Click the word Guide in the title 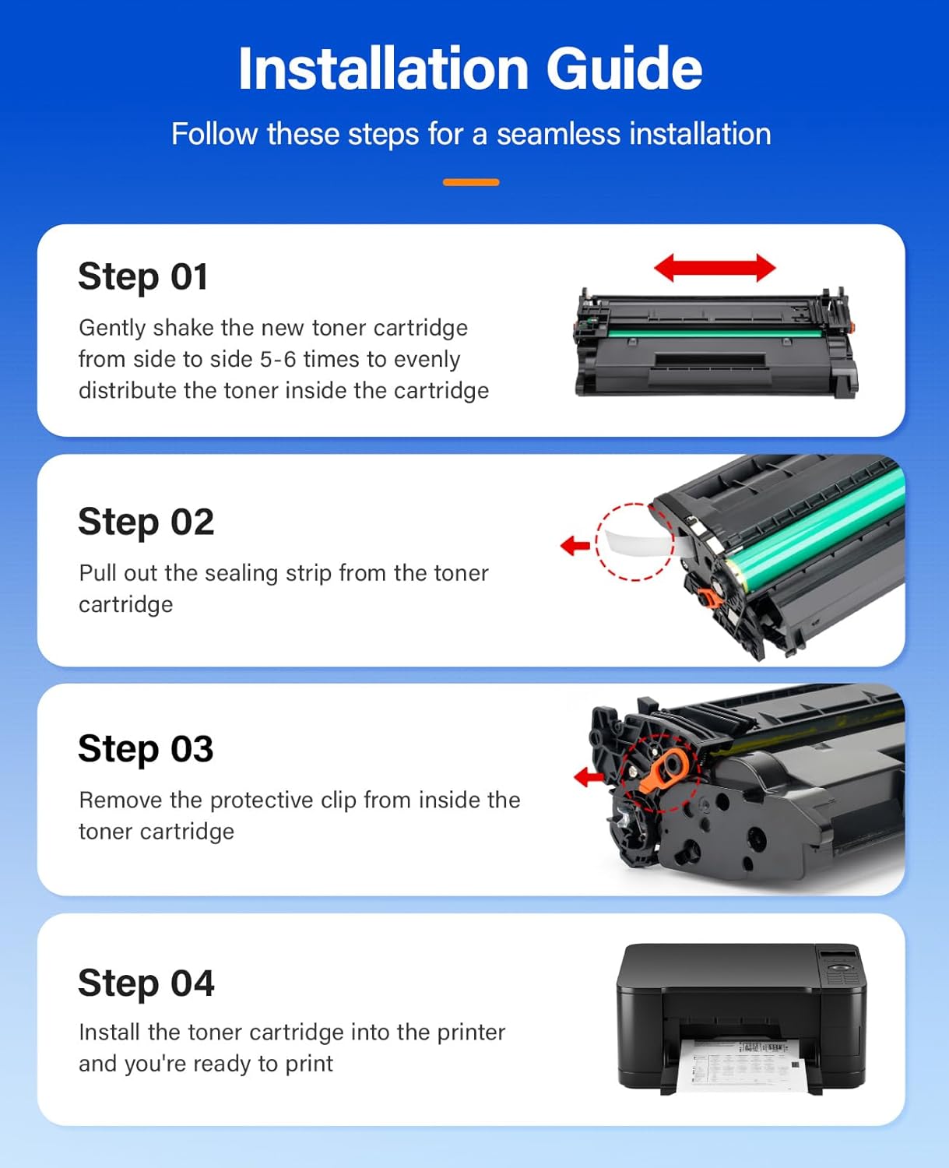point(624,69)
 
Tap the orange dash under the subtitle point(470,182)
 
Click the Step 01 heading point(143,276)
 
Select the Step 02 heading point(146,522)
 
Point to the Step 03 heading point(146,749)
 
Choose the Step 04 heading point(146,983)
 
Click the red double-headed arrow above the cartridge point(714,268)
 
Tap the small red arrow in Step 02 point(575,545)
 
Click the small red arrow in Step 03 point(589,776)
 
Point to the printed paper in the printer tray point(740,1064)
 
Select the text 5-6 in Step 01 point(278,360)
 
